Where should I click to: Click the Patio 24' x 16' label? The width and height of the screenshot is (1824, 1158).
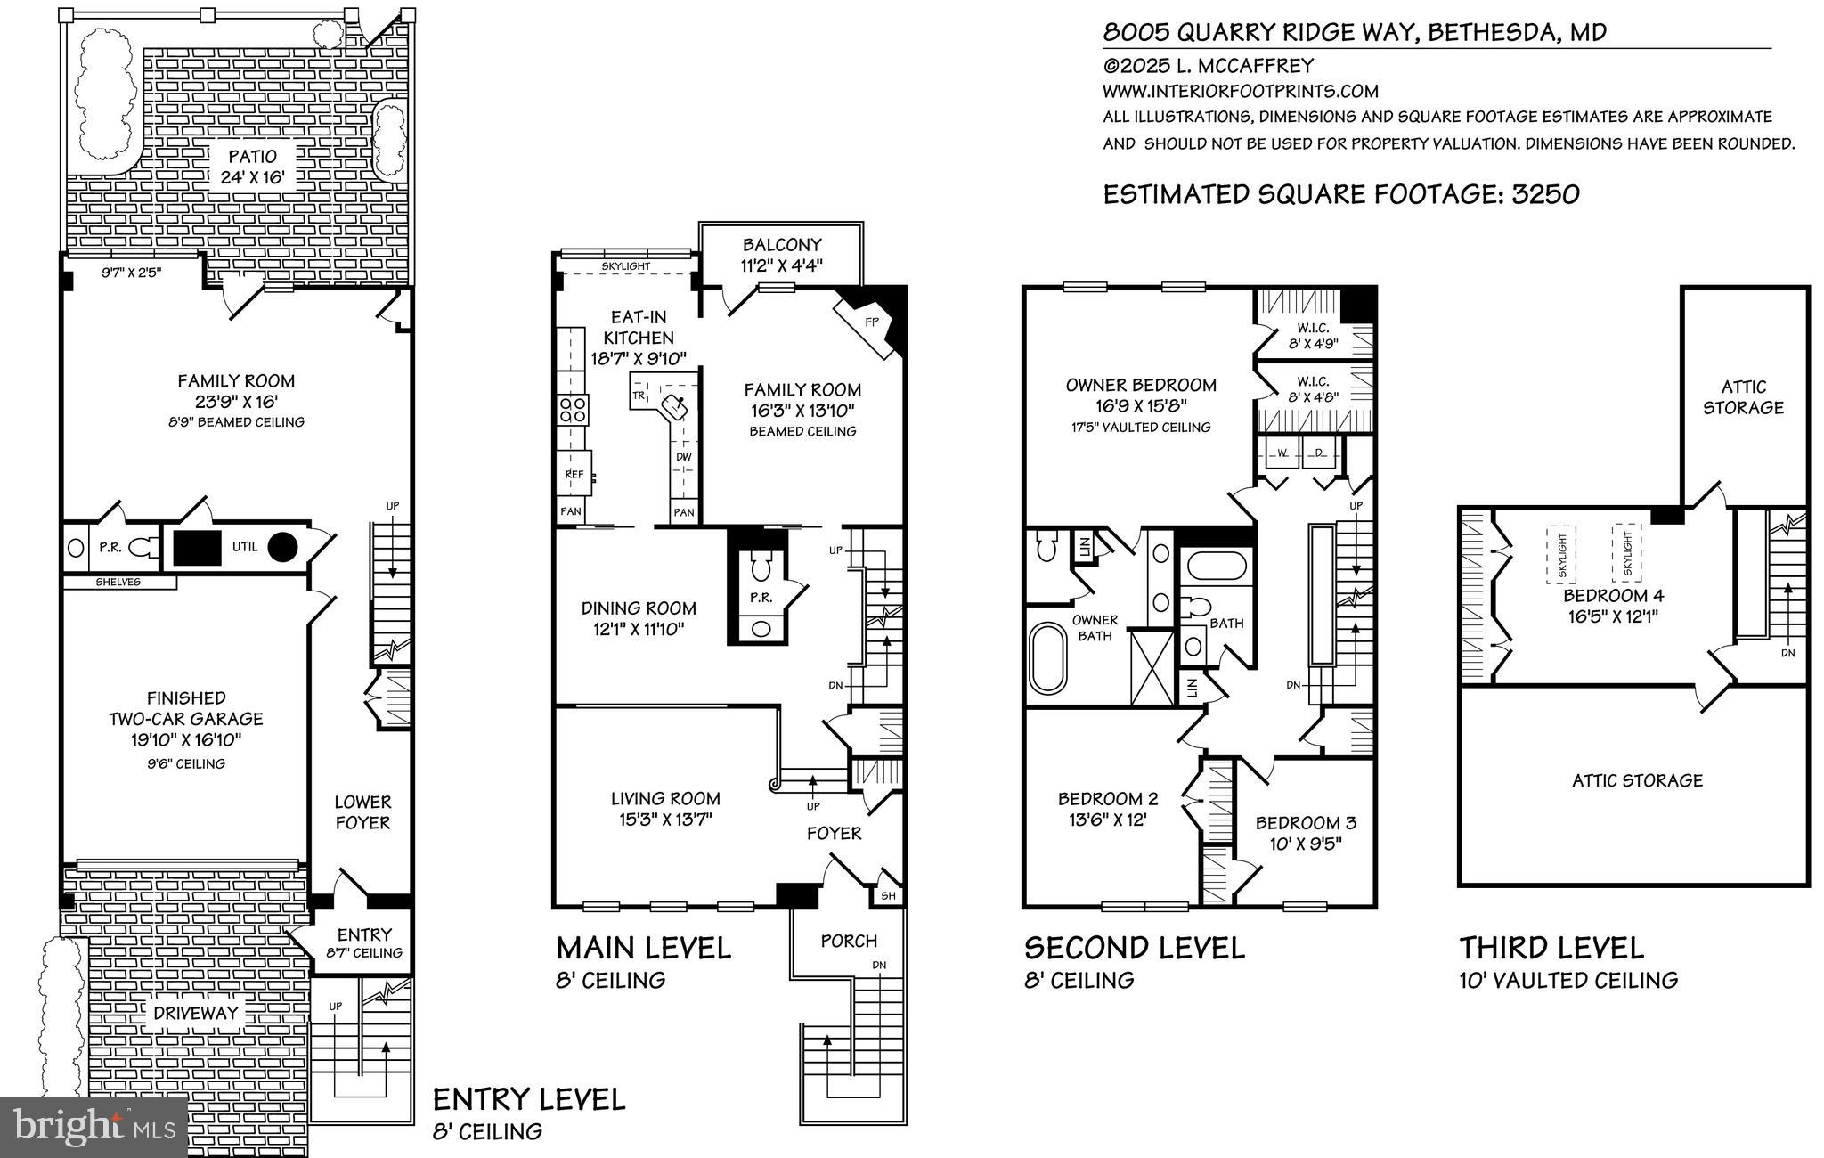pos(252,167)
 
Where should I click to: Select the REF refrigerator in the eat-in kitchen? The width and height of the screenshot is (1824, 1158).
pos(575,474)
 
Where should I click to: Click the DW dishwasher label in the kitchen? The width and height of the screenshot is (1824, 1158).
pos(683,457)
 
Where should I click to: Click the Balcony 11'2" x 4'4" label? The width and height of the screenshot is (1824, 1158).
pos(782,254)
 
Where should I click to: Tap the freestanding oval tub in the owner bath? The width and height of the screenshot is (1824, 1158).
pos(1047,657)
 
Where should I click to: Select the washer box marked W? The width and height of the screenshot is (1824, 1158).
pos(1282,453)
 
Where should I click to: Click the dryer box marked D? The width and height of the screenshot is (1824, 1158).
pos(1319,453)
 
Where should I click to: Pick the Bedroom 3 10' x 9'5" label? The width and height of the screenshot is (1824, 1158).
pos(1306,833)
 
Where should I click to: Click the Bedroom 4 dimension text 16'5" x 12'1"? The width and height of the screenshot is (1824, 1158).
pos(1613,616)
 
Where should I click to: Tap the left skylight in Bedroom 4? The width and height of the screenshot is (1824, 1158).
pos(1560,554)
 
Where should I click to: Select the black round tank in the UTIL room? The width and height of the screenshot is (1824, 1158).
pos(282,547)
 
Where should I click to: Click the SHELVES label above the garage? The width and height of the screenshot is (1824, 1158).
pos(118,582)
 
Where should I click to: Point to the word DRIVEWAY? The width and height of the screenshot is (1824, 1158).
pos(196,1013)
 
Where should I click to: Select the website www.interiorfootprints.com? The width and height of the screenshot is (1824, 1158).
pos(1240,91)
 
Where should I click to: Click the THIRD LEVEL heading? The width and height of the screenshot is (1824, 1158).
pos(1551,947)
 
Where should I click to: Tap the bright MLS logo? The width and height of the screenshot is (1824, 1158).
pos(94,1127)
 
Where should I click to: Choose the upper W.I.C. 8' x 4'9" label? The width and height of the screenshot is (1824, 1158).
pos(1313,335)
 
